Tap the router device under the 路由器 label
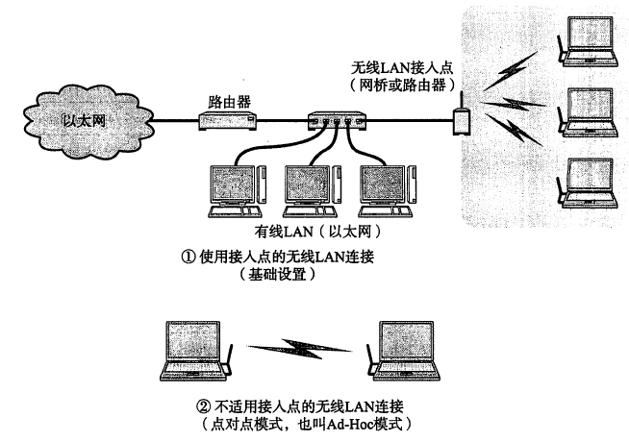(x=226, y=120)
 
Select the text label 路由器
(x=228, y=100)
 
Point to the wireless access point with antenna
(x=461, y=117)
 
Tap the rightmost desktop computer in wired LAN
(x=385, y=187)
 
